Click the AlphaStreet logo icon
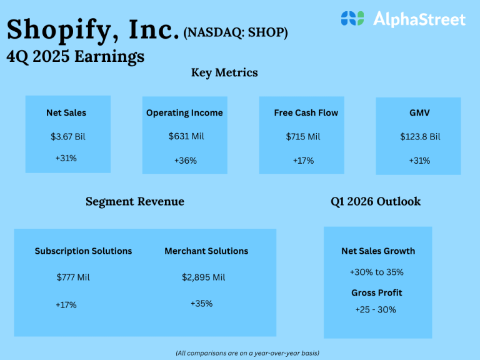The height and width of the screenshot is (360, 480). [x=352, y=19]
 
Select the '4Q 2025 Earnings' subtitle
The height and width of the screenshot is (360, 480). [x=76, y=56]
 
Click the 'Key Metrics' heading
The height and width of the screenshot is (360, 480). [x=224, y=72]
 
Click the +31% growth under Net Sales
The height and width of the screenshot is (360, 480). [x=66, y=158]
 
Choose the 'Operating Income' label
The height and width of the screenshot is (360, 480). [x=184, y=113]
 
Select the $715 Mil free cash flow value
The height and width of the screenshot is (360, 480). [x=303, y=136]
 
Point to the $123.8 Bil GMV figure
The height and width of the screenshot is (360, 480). [x=420, y=136]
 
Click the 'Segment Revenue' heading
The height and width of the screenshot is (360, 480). [x=135, y=201]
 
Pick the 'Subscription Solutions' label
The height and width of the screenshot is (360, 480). [x=83, y=251]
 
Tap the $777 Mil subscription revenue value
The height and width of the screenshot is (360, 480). [x=73, y=277]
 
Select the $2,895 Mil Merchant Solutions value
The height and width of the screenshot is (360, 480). [x=204, y=277]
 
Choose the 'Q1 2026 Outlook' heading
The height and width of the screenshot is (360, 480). [x=376, y=201]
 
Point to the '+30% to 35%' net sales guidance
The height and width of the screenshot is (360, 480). [x=376, y=272]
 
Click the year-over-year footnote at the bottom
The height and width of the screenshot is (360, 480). [x=247, y=353]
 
